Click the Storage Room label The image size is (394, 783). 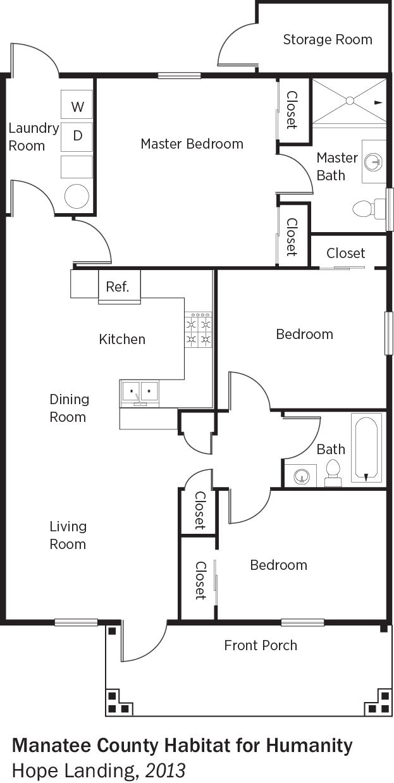pyautogui.click(x=328, y=39)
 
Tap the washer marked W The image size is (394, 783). pyautogui.click(x=77, y=104)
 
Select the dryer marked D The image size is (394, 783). pyautogui.click(x=77, y=137)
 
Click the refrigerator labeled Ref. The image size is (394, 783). pyautogui.click(x=120, y=287)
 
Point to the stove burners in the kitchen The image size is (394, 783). pyautogui.click(x=198, y=330)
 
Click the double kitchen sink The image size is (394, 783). pyautogui.click(x=139, y=393)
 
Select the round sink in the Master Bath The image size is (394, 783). pyautogui.click(x=373, y=162)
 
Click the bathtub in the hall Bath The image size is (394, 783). pyautogui.click(x=366, y=450)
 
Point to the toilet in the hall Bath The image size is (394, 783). pyautogui.click(x=333, y=473)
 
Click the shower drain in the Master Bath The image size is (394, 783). pyautogui.click(x=350, y=101)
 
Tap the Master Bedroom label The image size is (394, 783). pyautogui.click(x=192, y=144)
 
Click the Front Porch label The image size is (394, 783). pyautogui.click(x=261, y=645)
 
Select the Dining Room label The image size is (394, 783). pyautogui.click(x=69, y=408)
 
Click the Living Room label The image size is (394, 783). pyautogui.click(x=68, y=535)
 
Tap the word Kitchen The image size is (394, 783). pyautogui.click(x=122, y=339)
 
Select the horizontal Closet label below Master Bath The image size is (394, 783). pyautogui.click(x=346, y=253)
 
